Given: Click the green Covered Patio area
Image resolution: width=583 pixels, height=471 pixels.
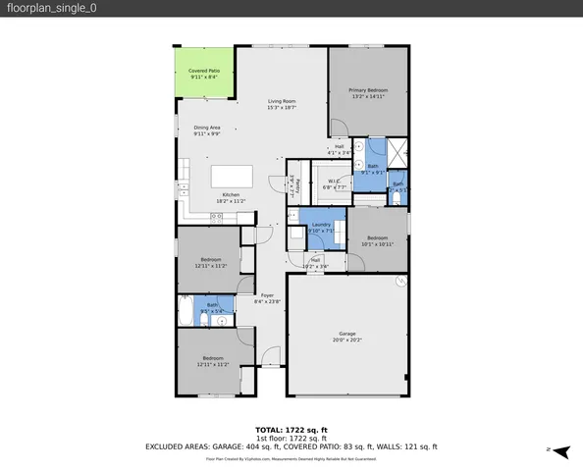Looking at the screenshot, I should (205, 73).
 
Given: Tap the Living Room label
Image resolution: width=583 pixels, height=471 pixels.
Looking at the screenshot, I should (283, 104).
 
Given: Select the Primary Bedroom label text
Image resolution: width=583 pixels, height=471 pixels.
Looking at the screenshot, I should (367, 93).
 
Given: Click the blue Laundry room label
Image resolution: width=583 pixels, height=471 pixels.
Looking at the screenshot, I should (321, 228).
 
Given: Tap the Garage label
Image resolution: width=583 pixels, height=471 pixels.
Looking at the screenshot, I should (347, 336).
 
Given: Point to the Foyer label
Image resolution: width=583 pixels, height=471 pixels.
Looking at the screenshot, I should (267, 298).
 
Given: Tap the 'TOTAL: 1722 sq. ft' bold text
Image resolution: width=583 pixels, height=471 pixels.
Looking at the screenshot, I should (291, 430).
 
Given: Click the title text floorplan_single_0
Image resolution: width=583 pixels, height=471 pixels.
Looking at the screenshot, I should (49, 8).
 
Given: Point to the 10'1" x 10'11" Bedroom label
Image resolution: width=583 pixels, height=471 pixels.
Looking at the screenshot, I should (379, 240).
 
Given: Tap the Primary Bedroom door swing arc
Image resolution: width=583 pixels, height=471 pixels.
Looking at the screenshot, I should (337, 129).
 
